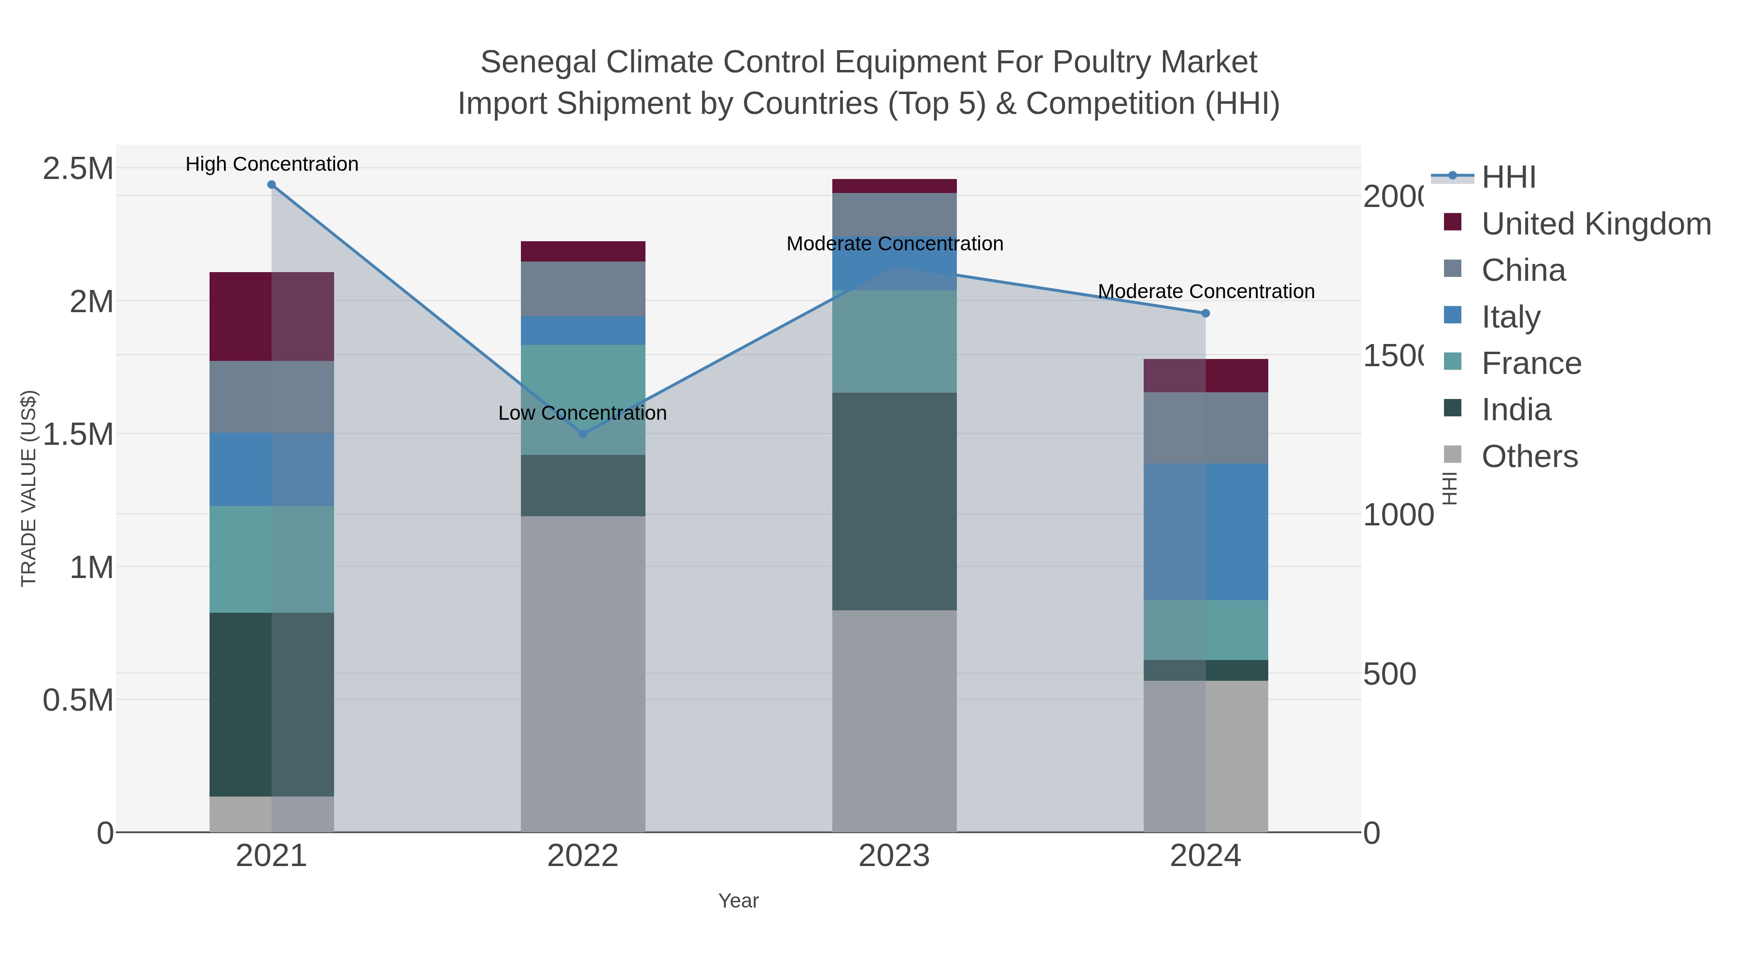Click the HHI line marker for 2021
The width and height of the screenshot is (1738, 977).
271,185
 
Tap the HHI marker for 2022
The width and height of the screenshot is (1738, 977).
583,434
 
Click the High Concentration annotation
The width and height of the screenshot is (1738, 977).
272,164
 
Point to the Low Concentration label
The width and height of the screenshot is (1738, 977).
582,413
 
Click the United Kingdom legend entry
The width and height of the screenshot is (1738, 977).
1596,224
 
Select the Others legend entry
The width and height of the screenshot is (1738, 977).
1529,456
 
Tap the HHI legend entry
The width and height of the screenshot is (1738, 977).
1509,178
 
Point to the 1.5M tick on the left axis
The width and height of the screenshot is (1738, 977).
78,434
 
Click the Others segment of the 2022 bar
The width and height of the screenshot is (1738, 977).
583,674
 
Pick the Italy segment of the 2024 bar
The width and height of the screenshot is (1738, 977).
1205,532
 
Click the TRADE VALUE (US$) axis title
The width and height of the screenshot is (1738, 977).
28,488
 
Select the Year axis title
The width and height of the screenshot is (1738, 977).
738,901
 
